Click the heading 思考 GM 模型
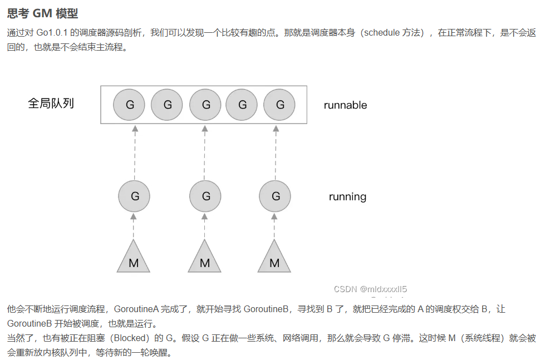pos(43,13)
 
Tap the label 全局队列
pos(51,103)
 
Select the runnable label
pos(345,105)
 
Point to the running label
pos(347,196)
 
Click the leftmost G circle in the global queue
pos(129,105)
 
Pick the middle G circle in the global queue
pos(205,105)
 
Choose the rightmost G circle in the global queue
pos(279,105)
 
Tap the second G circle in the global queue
pos(167,105)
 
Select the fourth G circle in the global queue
pos(242,105)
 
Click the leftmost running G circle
pos(134,196)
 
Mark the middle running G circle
pos(205,196)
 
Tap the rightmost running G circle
pos(275,196)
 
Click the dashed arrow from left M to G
pos(134,225)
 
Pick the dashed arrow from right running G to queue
pos(276,153)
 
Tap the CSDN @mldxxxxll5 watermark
pos(370,289)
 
